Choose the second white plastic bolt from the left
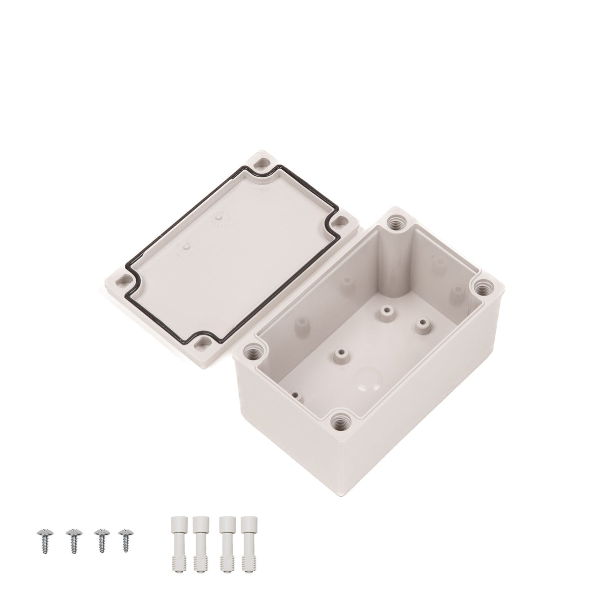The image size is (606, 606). (199, 547)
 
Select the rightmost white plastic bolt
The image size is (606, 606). (246, 547)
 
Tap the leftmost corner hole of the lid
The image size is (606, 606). (121, 280)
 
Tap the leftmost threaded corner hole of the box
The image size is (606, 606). (250, 351)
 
